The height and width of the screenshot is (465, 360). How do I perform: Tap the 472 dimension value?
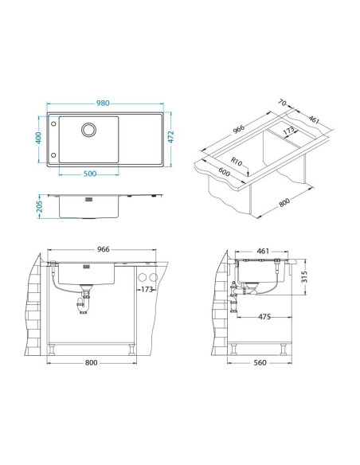pos(171,139)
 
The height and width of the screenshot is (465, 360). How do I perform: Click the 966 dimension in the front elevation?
pos(103,250)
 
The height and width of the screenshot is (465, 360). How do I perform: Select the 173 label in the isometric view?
pos(289,129)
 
